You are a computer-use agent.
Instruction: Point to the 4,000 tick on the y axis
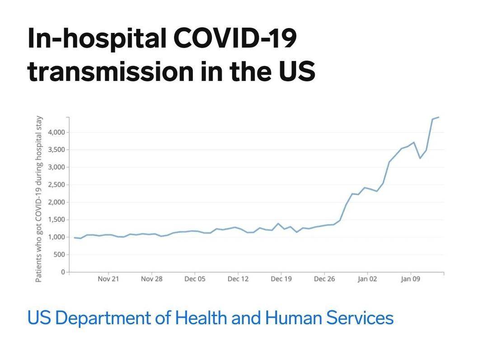56,132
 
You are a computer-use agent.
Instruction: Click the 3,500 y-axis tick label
56,150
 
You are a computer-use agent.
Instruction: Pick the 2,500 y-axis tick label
56,185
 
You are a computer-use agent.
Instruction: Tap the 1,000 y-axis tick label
56,237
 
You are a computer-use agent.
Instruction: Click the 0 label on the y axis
63,272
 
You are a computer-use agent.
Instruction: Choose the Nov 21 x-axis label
108,279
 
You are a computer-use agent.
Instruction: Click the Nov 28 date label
151,279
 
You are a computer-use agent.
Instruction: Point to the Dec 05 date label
195,279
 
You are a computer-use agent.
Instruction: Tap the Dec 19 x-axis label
281,279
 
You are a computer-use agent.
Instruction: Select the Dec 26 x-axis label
324,279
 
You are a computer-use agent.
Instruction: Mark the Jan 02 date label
367,279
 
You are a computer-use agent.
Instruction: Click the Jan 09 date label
410,279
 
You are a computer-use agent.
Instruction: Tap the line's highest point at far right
438,117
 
